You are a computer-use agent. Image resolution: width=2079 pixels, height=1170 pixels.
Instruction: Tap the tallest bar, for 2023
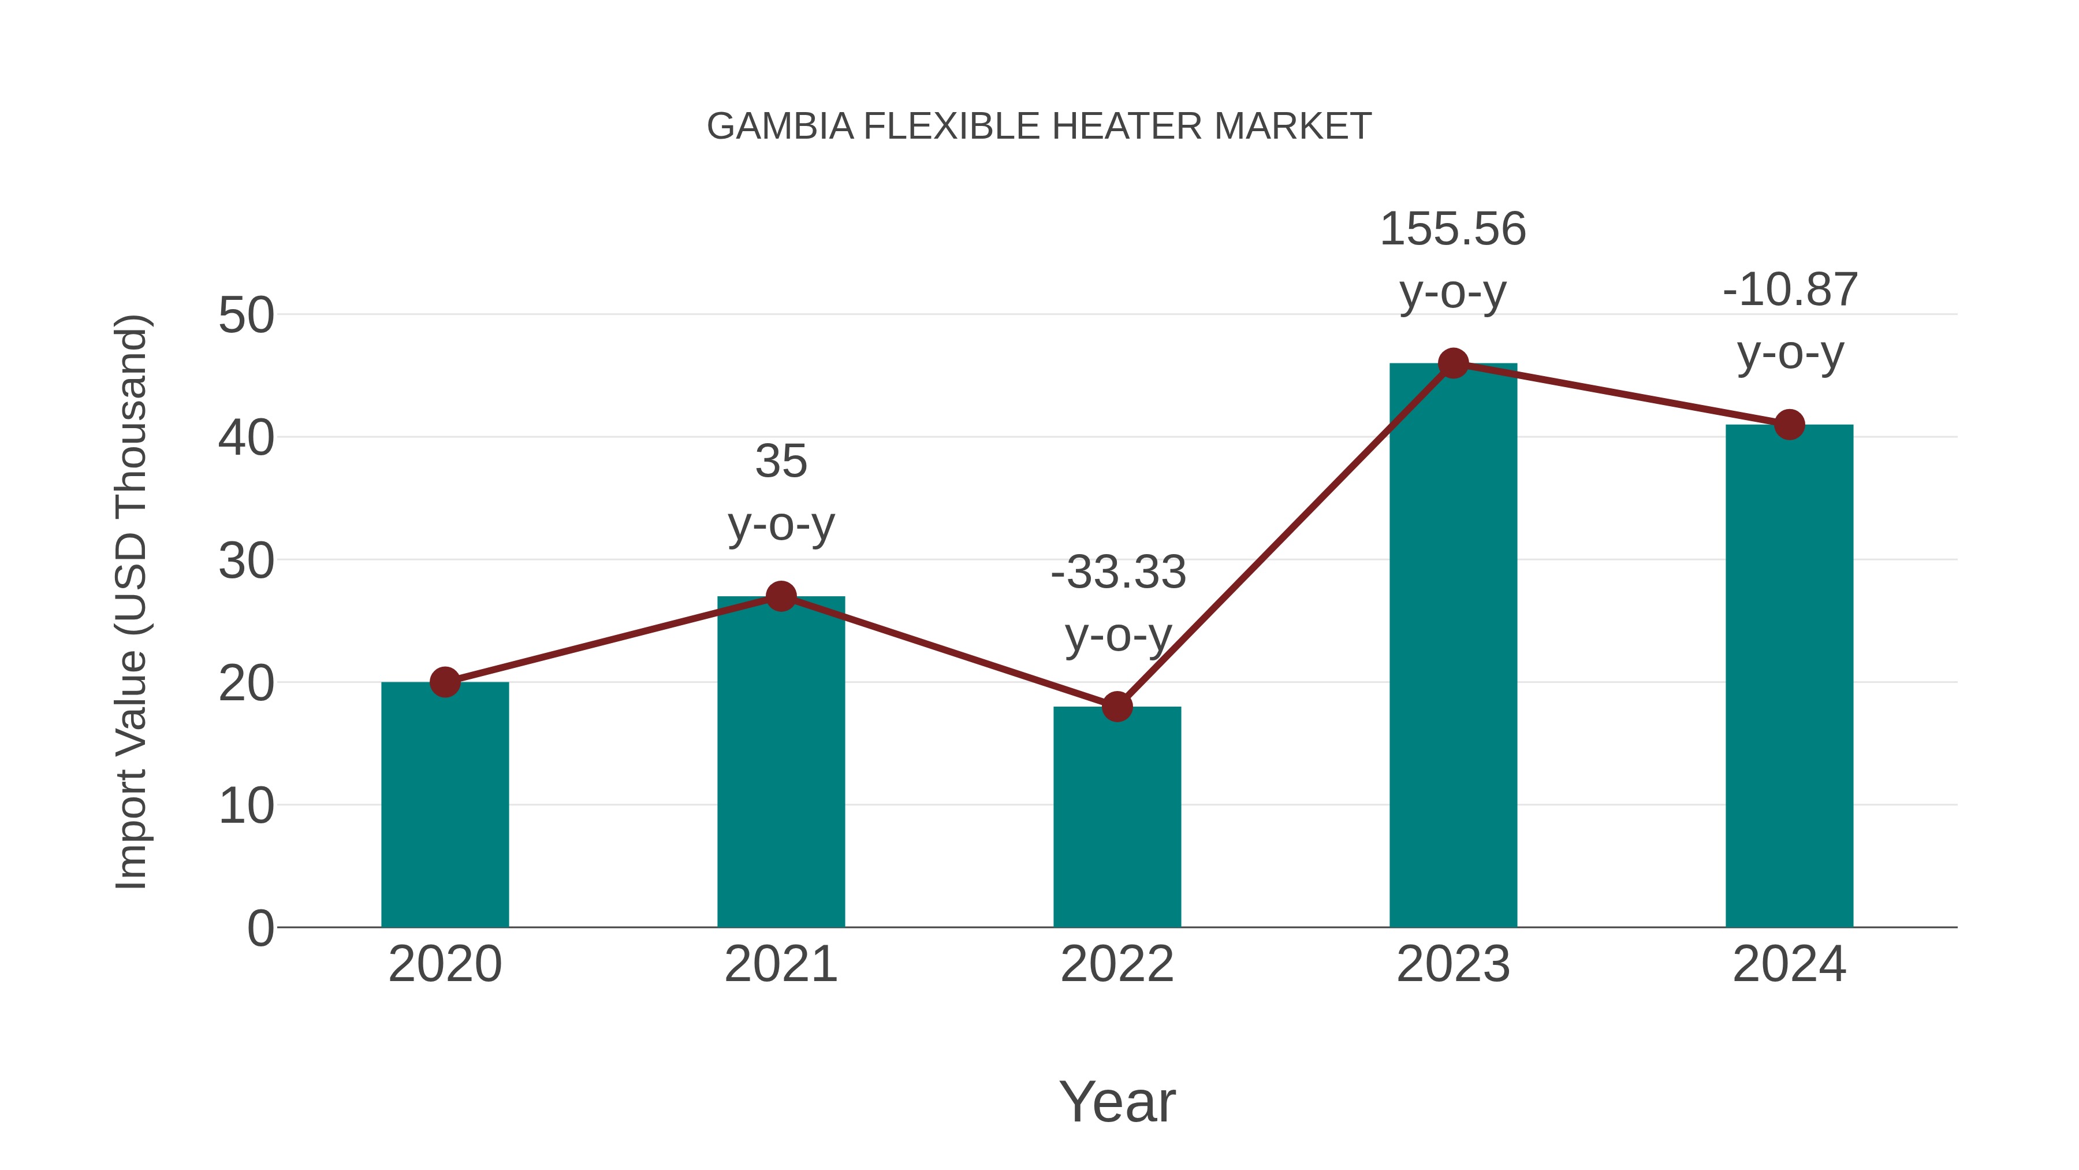[x=1453, y=646]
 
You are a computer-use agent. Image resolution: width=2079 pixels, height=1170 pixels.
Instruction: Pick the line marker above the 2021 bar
[x=780, y=597]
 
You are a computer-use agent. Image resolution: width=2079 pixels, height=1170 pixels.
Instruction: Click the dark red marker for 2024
[x=1789, y=425]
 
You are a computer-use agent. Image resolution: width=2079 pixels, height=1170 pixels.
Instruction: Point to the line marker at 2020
[x=445, y=682]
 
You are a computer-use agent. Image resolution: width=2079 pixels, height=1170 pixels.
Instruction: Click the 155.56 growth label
[x=1453, y=229]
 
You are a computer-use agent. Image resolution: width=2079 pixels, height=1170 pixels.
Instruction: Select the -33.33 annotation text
[x=1118, y=573]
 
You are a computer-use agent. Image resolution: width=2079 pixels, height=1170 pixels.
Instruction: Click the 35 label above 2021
[x=780, y=462]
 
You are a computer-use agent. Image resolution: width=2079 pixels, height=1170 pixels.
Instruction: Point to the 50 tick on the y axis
[x=246, y=315]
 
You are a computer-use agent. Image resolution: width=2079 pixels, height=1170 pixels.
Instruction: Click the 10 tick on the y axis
[x=246, y=806]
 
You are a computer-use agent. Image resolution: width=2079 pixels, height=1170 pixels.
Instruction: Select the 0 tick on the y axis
[x=260, y=928]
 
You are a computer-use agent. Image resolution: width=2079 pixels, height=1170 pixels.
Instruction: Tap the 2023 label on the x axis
[x=1453, y=964]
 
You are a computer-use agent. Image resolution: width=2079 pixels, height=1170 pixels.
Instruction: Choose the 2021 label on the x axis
[x=780, y=964]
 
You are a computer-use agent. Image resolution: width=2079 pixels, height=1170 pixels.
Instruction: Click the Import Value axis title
[x=131, y=601]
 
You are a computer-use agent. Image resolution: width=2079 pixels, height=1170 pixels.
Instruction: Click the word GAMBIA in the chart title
[x=780, y=127]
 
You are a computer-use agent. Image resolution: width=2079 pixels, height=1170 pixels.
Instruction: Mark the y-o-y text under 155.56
[x=1453, y=292]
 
